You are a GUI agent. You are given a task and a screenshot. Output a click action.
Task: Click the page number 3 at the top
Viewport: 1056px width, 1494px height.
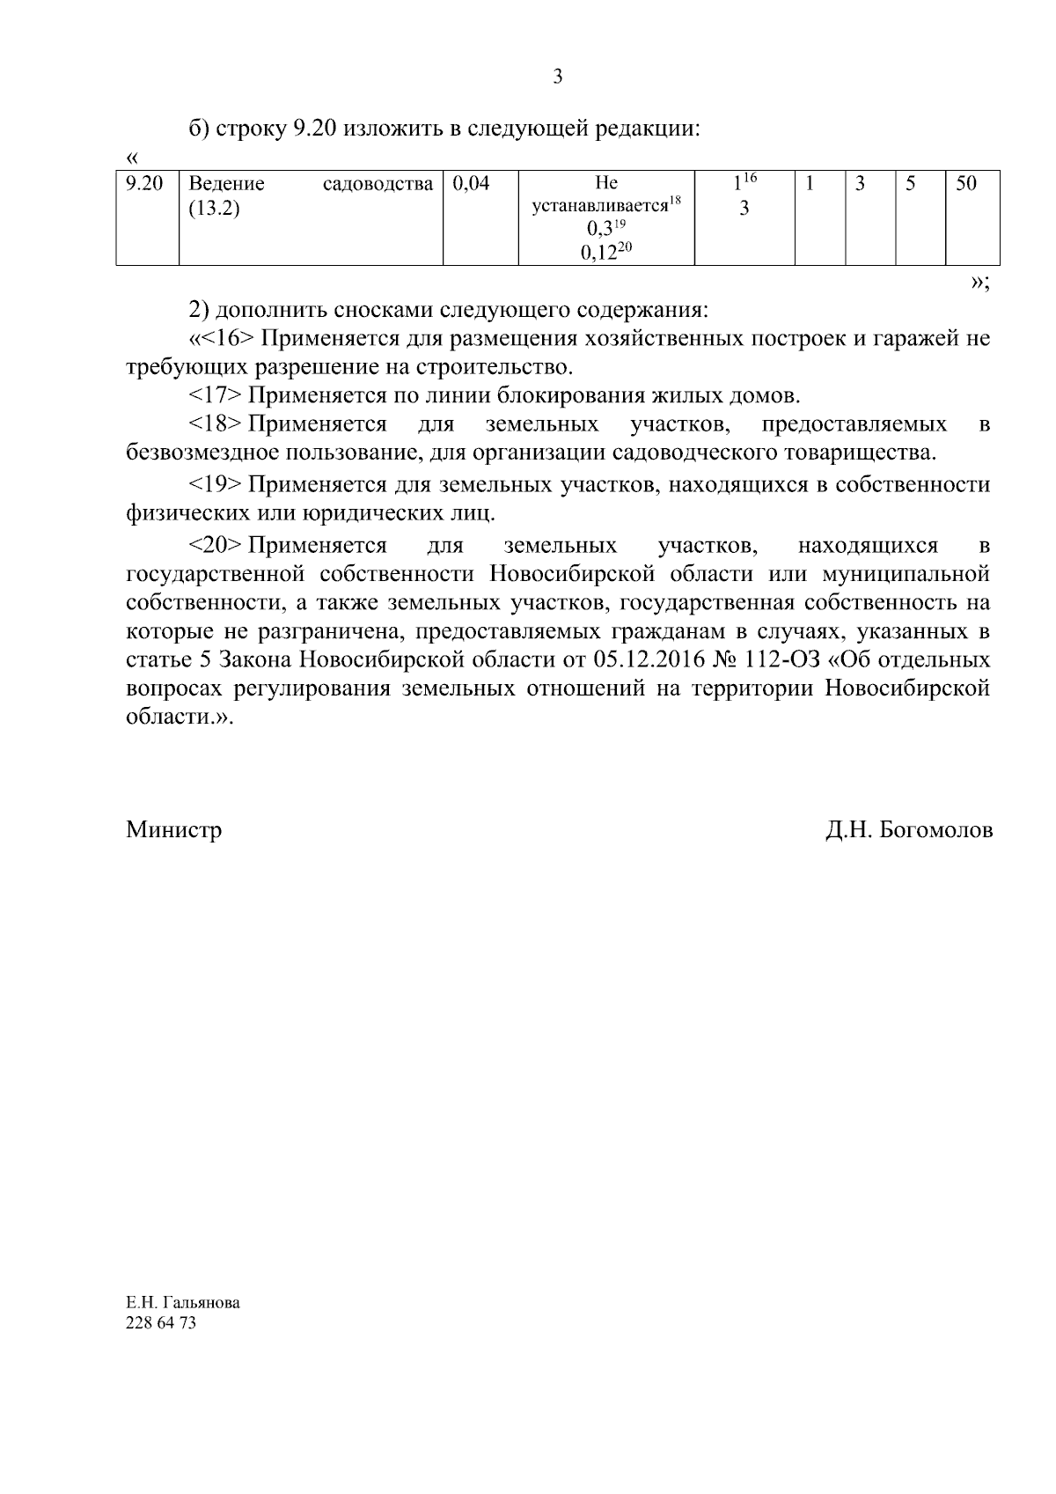pos(557,77)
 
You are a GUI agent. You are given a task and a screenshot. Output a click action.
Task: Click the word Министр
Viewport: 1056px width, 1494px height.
pos(173,829)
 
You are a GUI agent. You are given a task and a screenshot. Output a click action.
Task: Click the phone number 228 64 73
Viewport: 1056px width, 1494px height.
pos(161,1323)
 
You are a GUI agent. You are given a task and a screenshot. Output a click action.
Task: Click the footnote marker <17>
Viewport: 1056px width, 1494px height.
pos(215,395)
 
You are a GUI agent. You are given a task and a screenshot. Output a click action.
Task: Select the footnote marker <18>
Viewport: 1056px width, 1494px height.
pos(215,424)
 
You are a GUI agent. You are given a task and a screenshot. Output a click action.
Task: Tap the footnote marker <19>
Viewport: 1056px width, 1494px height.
pos(215,484)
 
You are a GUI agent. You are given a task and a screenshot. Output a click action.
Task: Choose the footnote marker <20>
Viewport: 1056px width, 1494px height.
pos(215,545)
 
